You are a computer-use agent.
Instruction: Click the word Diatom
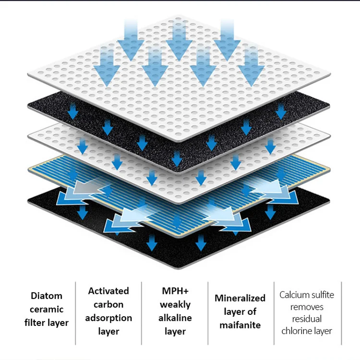click(x=46, y=296)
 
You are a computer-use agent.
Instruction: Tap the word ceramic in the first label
click(x=46, y=309)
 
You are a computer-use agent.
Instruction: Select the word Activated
click(x=108, y=291)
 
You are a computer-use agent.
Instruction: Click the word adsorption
click(x=108, y=318)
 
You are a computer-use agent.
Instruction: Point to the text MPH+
click(x=175, y=291)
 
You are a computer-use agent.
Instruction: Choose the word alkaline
click(x=175, y=318)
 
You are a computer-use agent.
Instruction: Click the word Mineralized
click(x=240, y=298)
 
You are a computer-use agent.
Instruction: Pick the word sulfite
click(x=323, y=295)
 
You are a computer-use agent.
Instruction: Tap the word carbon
click(x=108, y=304)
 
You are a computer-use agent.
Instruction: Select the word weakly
click(x=175, y=304)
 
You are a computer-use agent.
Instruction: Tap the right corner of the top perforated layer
click(x=330, y=76)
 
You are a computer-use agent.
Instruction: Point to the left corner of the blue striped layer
click(x=30, y=168)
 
